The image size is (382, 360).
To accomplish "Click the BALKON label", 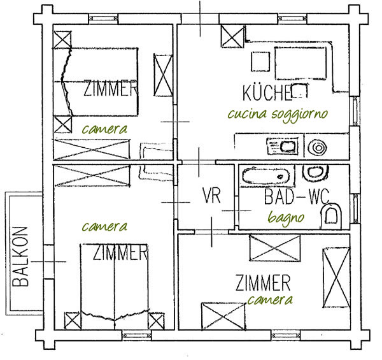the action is (x=20, y=256).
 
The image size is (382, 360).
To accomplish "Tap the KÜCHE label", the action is (x=267, y=93).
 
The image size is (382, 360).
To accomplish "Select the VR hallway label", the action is (x=212, y=195).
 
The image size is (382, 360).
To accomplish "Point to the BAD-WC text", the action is (x=297, y=196).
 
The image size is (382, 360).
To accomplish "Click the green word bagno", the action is (x=286, y=218).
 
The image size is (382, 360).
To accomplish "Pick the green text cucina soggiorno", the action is (x=278, y=115).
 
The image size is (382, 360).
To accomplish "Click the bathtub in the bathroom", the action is (x=265, y=176).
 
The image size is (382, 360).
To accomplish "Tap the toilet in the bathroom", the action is (x=330, y=217).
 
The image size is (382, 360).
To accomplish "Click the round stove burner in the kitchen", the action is (x=317, y=148).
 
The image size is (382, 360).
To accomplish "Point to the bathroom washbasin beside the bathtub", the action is (x=315, y=173).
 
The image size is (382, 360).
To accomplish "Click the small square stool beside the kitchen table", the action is (x=260, y=61).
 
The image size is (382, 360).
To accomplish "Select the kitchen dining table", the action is (x=301, y=63).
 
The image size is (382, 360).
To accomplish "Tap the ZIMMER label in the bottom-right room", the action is (x=263, y=282).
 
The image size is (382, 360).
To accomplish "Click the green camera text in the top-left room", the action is (x=104, y=129).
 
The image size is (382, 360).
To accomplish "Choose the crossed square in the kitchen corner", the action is (x=232, y=36).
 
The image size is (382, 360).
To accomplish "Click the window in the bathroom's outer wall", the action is (x=356, y=208).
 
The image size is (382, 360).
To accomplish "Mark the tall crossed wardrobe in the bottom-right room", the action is (x=336, y=278).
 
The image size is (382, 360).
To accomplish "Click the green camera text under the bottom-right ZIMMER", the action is (x=270, y=300).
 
